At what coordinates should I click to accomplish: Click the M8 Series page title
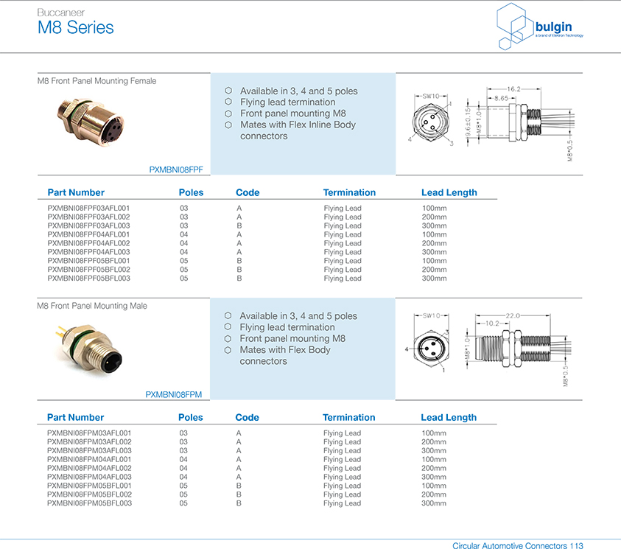(x=76, y=28)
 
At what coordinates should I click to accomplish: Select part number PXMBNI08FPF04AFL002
(x=88, y=243)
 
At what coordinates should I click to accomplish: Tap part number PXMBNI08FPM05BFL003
(x=89, y=503)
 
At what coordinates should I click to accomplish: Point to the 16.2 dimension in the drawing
(x=513, y=88)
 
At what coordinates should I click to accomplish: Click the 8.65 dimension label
(x=501, y=98)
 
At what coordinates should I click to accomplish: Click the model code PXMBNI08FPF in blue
(x=176, y=169)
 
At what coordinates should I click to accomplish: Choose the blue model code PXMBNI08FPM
(x=173, y=394)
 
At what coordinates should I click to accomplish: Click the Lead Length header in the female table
(x=449, y=192)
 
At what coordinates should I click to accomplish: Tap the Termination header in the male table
(x=349, y=417)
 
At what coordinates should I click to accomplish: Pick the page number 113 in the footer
(x=577, y=546)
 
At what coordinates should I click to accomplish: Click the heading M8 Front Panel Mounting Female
(x=97, y=81)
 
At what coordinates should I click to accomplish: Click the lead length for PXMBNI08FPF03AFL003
(x=435, y=225)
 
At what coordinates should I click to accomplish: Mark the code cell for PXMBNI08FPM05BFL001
(x=239, y=486)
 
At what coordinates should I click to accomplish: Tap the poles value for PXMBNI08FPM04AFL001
(x=183, y=459)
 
